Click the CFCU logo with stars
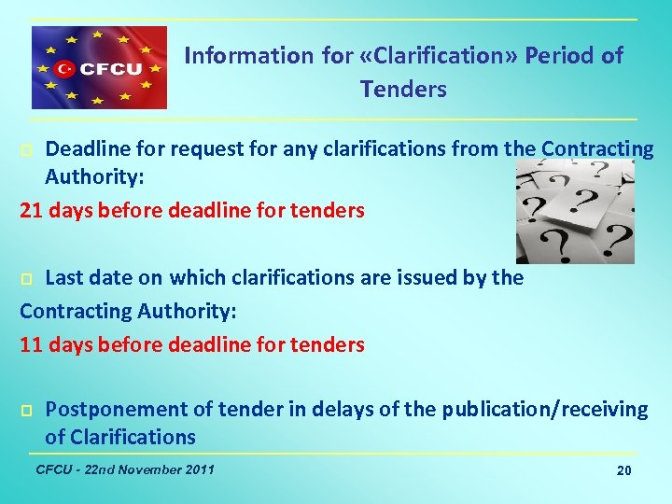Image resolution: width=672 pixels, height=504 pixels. tap(99, 68)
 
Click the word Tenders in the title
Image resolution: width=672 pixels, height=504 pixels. tap(403, 90)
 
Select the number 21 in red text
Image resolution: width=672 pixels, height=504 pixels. tap(31, 210)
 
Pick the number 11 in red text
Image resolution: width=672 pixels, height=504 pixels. tap(31, 344)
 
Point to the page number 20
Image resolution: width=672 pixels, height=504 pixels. tap(624, 471)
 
